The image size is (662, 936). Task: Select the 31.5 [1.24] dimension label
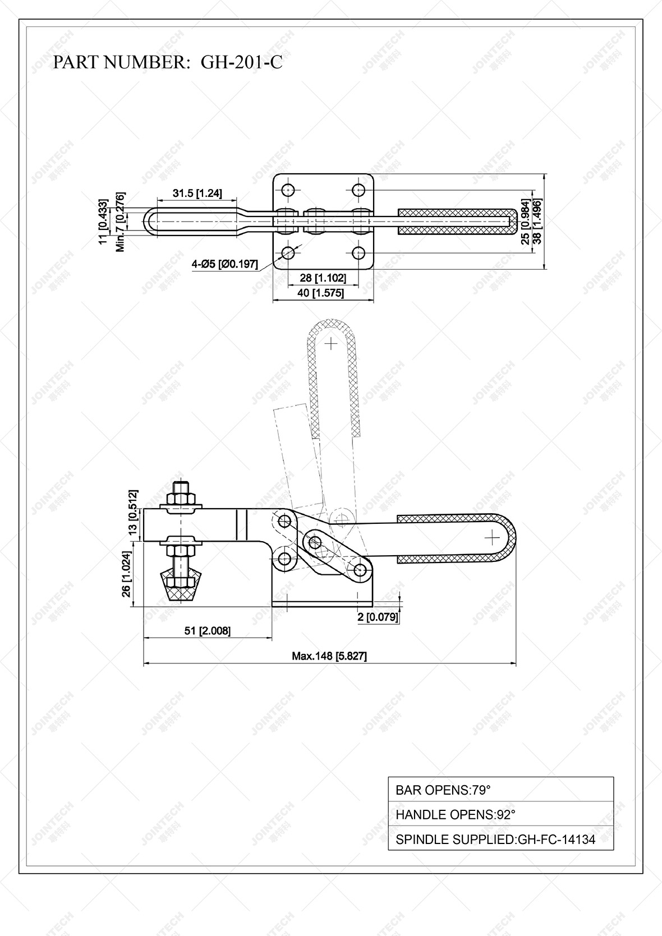(197, 193)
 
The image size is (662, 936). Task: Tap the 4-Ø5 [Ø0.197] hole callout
(224, 264)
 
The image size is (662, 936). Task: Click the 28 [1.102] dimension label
(323, 278)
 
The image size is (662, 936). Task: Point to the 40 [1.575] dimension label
(323, 292)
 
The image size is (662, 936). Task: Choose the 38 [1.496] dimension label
(537, 220)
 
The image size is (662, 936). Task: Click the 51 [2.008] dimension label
(208, 630)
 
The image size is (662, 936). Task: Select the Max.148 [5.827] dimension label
(329, 656)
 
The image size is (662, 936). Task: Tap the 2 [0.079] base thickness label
(378, 617)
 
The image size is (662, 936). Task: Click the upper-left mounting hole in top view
(288, 190)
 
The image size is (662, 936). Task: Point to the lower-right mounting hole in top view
(359, 253)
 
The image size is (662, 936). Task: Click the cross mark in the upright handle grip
(332, 343)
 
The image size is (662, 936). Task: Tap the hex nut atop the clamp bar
(181, 499)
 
